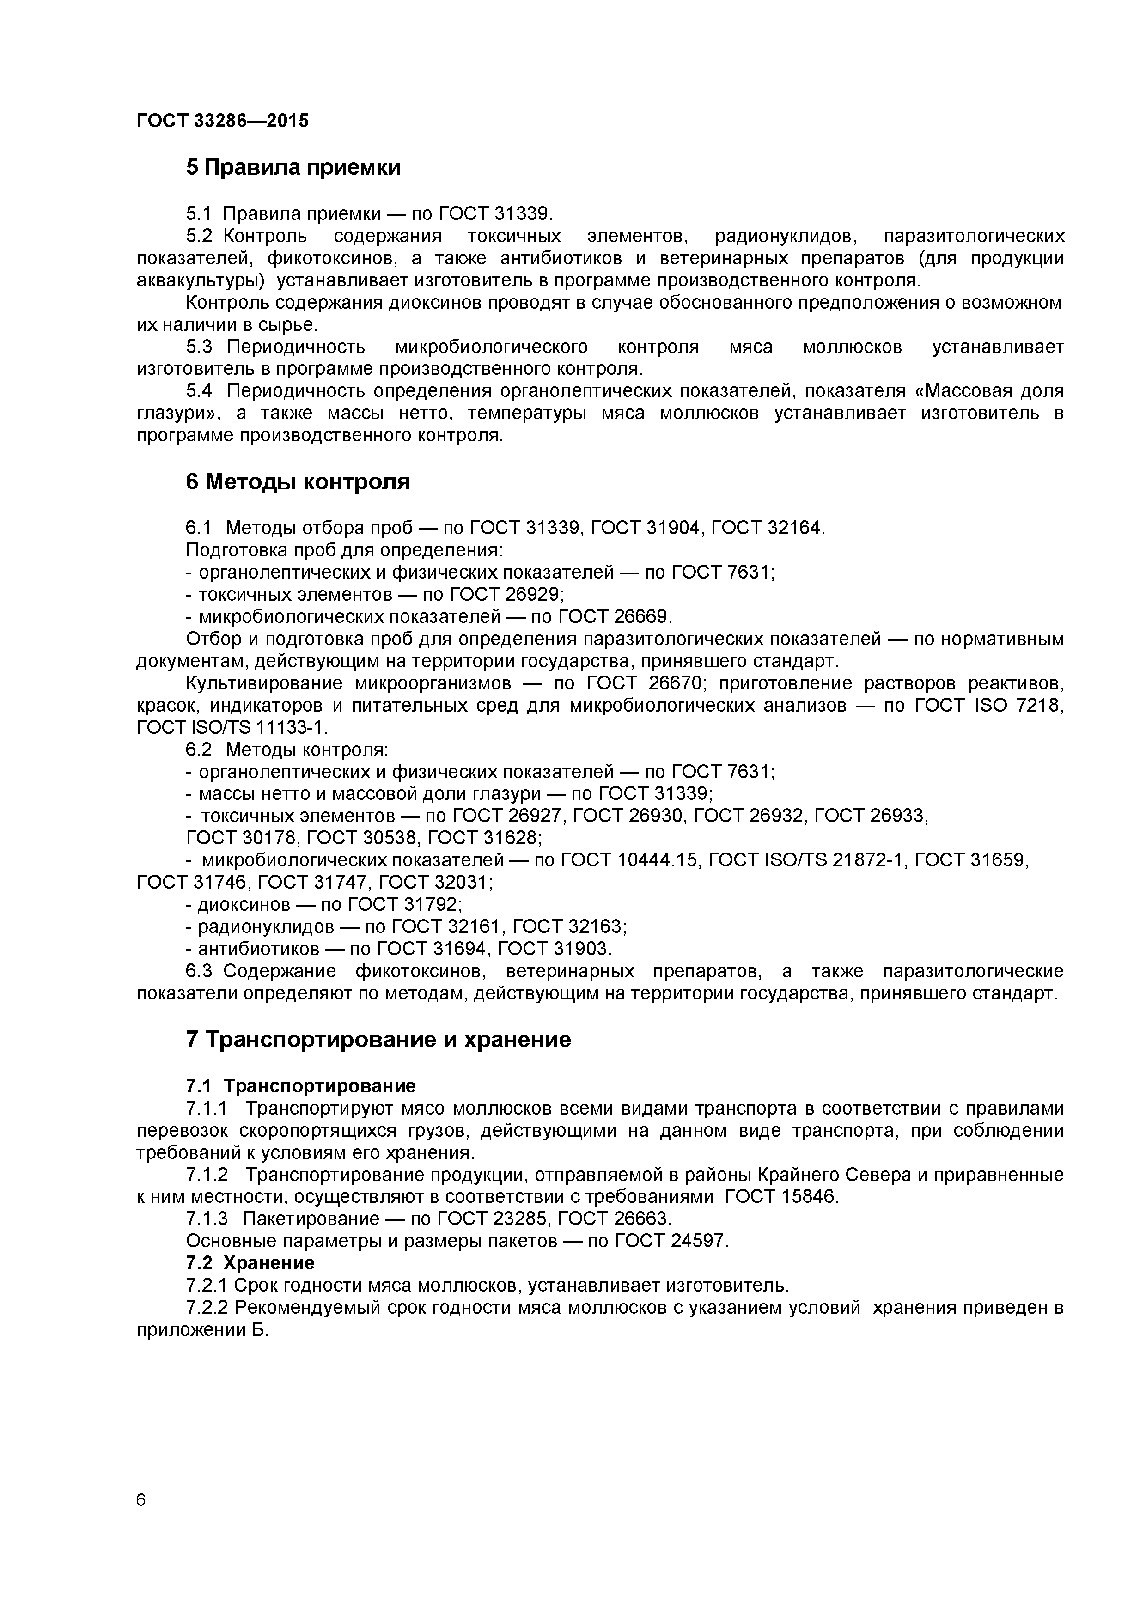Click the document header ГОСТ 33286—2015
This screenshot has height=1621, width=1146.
coord(222,121)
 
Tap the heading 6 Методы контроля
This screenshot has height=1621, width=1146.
coord(297,482)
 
